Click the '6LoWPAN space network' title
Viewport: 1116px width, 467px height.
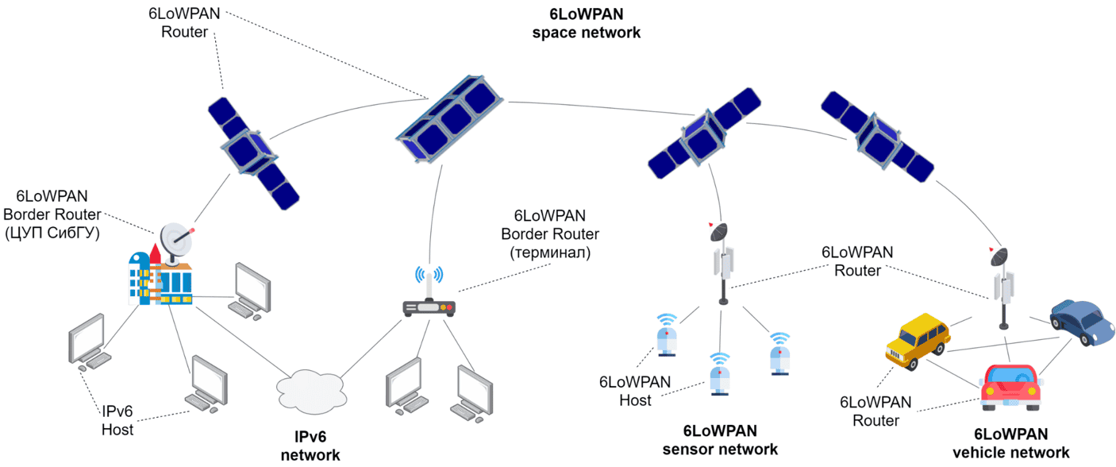point(586,24)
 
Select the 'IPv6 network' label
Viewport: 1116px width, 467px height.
point(310,445)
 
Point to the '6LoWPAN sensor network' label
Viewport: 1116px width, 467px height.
point(720,441)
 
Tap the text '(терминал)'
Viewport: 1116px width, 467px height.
point(549,253)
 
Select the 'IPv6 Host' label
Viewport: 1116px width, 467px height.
point(117,421)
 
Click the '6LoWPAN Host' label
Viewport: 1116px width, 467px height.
point(635,391)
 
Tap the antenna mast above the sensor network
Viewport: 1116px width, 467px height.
point(723,262)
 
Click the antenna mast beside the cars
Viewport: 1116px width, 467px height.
point(1003,286)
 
